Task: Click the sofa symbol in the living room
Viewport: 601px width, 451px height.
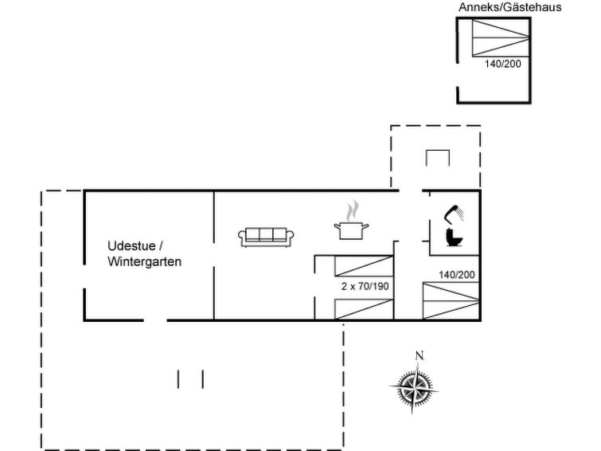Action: [266, 237]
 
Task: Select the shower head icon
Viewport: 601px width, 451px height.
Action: [455, 214]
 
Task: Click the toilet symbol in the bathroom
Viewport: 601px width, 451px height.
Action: [455, 237]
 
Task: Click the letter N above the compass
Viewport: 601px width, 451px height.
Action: [420, 356]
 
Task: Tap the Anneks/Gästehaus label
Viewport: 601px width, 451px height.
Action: [509, 7]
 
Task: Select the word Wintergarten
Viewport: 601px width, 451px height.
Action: [145, 262]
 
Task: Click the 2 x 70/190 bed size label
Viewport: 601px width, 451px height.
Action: [365, 286]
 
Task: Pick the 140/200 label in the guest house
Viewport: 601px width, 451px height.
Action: [503, 64]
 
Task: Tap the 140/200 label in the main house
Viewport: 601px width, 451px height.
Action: [457, 275]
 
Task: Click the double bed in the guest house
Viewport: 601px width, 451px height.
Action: [501, 37]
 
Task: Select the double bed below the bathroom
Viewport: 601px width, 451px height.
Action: [451, 300]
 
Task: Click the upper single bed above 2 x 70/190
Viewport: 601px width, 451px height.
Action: [364, 266]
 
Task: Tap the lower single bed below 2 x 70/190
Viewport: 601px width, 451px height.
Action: [364, 309]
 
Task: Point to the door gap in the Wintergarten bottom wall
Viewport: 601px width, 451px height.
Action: [155, 320]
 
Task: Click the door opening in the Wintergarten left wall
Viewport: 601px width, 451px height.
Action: [84, 276]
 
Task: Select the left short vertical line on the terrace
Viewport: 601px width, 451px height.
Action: [178, 379]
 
